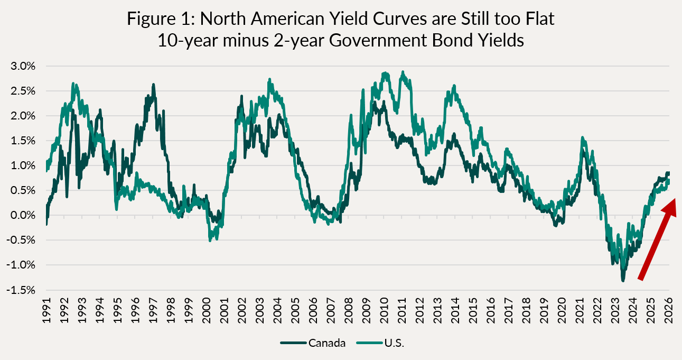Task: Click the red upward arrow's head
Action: click(668, 206)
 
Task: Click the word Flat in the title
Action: click(537, 19)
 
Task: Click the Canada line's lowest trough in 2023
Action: click(623, 280)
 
